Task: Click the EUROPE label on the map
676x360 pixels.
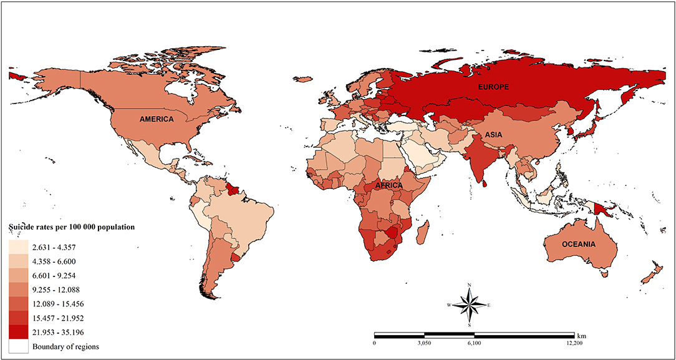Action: click(x=494, y=88)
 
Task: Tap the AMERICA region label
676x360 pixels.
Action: click(x=157, y=119)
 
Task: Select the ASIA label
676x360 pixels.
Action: click(x=489, y=135)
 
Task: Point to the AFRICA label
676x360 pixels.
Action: click(x=389, y=185)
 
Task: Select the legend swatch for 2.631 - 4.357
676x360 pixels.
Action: click(x=18, y=246)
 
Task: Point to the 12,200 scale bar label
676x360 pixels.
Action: click(x=574, y=343)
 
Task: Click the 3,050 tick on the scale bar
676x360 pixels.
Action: click(x=423, y=343)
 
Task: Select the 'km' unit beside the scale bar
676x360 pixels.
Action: click(x=582, y=334)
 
